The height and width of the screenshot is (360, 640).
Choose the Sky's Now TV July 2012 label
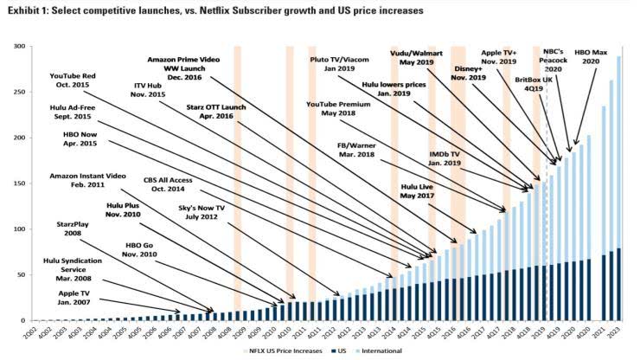(x=195, y=213)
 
